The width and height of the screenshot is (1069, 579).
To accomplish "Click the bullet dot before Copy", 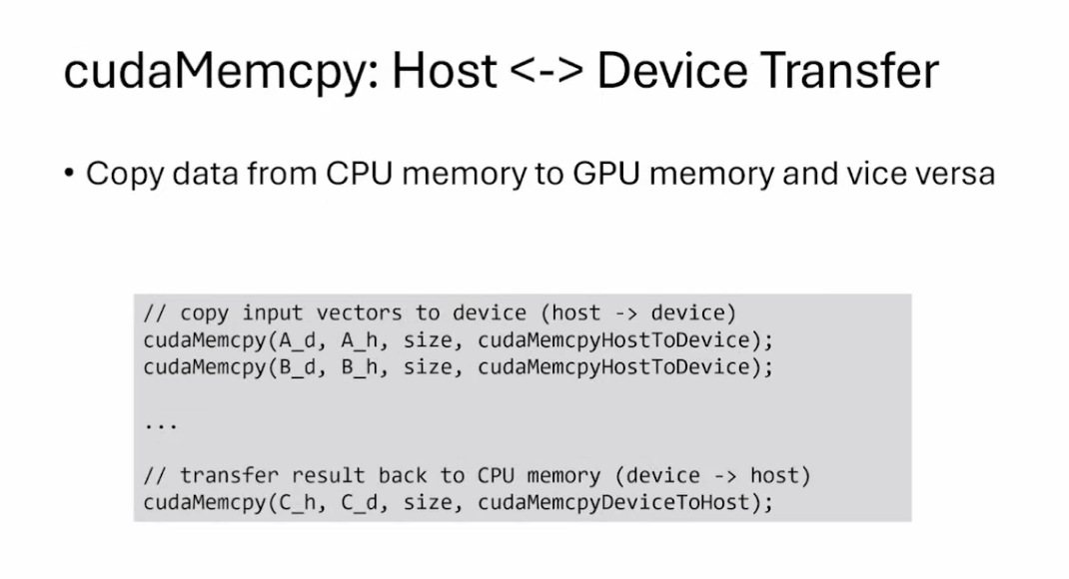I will pyautogui.click(x=69, y=174).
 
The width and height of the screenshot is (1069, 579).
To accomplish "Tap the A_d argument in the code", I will pyautogui.click(x=297, y=339).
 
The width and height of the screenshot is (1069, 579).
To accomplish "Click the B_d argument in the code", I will pyautogui.click(x=297, y=366).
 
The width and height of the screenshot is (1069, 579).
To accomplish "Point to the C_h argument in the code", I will pyautogui.click(x=297, y=501).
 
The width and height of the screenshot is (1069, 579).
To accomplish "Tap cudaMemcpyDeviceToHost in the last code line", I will pyautogui.click(x=619, y=501).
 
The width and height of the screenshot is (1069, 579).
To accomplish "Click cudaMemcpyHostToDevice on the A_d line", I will pyautogui.click(x=619, y=339).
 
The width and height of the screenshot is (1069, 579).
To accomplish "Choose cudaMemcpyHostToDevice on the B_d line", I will pyautogui.click(x=619, y=366).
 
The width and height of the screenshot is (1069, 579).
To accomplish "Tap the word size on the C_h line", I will pyautogui.click(x=428, y=501).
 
